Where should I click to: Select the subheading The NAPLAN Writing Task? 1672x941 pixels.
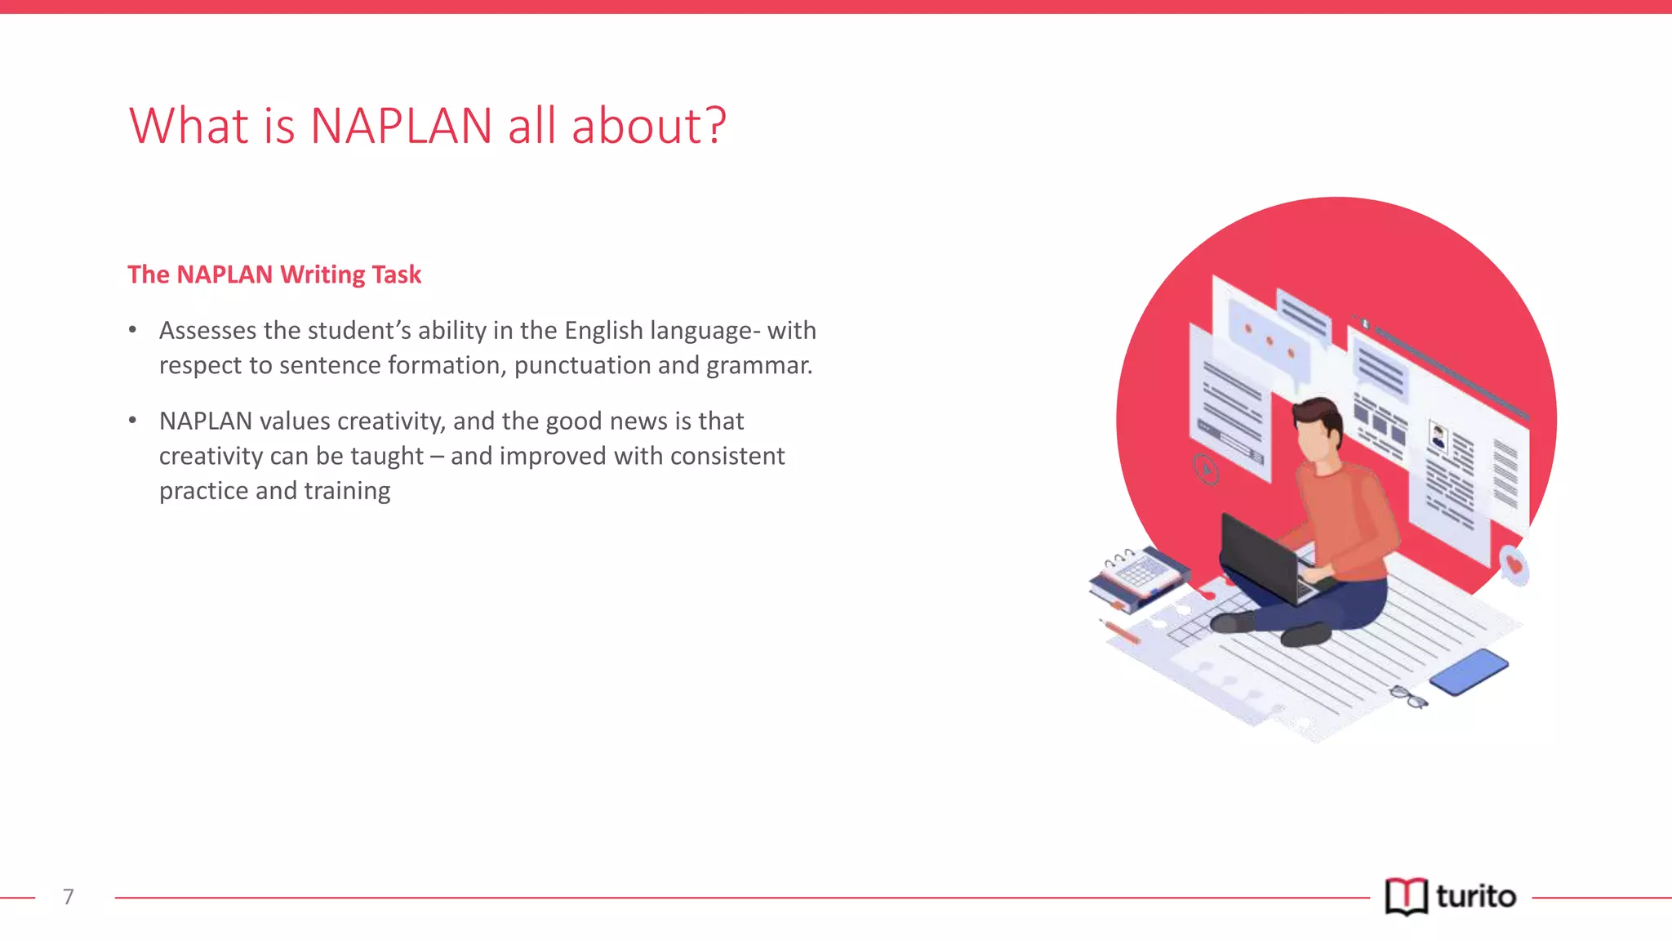274,274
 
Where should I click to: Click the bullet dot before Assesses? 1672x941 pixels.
132,330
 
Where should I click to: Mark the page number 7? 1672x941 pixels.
69,897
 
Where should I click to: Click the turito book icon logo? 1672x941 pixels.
1406,897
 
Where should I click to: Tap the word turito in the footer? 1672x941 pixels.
1476,897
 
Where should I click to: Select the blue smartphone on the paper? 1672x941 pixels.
1469,671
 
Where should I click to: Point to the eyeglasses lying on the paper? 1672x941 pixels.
1408,697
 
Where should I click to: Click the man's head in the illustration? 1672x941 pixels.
1317,429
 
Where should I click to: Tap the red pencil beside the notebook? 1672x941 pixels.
1121,631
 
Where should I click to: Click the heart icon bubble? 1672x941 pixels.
1514,564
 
